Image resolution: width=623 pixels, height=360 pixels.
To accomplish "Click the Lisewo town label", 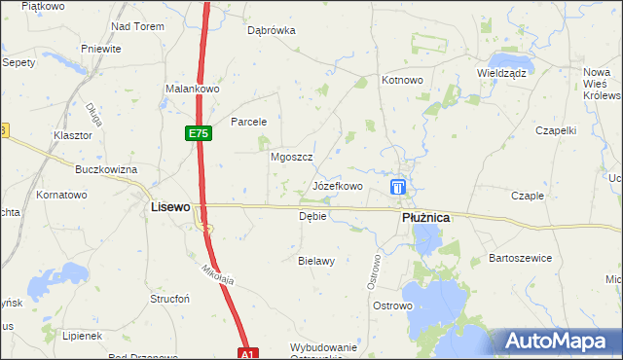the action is pyautogui.click(x=169, y=207).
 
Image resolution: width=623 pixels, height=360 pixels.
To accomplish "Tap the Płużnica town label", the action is pyautogui.click(x=425, y=219).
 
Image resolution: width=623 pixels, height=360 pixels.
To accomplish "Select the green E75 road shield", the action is pyautogui.click(x=199, y=133).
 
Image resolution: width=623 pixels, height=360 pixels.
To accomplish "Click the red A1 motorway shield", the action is pyautogui.click(x=248, y=354).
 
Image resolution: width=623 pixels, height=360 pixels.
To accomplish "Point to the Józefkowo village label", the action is pyautogui.click(x=338, y=185).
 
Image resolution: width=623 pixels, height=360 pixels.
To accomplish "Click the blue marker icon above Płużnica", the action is pyautogui.click(x=398, y=187).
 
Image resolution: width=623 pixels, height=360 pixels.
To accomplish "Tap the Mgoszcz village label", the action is pyautogui.click(x=290, y=156).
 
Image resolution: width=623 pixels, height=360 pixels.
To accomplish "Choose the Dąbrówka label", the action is pyautogui.click(x=272, y=30).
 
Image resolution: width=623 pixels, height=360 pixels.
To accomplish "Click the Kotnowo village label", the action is pyautogui.click(x=403, y=81).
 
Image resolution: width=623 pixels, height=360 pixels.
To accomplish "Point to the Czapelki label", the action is pyautogui.click(x=558, y=129).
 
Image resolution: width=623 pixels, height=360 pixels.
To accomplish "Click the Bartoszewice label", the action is pyautogui.click(x=521, y=258).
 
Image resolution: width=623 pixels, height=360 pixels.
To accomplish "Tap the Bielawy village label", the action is pyautogui.click(x=316, y=261).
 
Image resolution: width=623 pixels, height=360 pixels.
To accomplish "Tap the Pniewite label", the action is pyautogui.click(x=101, y=49).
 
